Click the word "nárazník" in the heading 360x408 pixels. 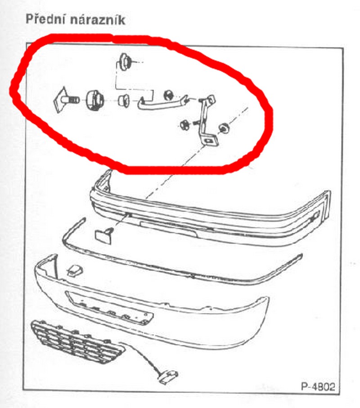click(96, 19)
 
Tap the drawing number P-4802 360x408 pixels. click(318, 386)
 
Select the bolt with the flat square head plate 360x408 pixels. click(65, 100)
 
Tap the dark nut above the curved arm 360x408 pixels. click(169, 95)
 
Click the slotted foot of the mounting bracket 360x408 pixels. click(210, 141)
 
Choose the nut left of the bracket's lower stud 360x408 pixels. click(184, 124)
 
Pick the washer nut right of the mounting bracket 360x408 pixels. click(224, 128)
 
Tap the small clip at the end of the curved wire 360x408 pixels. click(168, 377)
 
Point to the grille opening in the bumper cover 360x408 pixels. click(109, 308)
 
